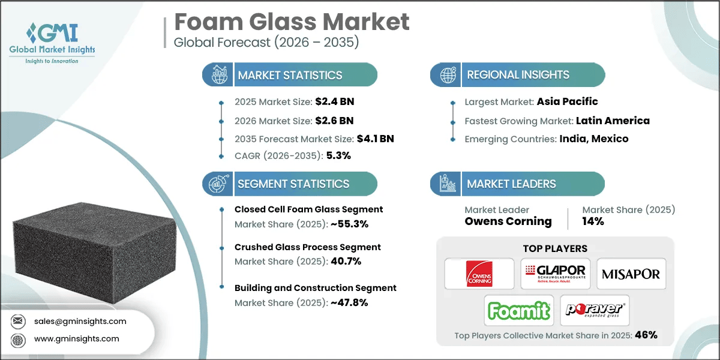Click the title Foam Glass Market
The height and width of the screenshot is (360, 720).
coord(292,22)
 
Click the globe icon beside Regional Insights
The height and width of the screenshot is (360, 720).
coord(448,75)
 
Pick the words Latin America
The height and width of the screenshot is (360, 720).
coord(613,121)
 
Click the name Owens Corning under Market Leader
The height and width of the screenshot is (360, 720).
coord(508,221)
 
